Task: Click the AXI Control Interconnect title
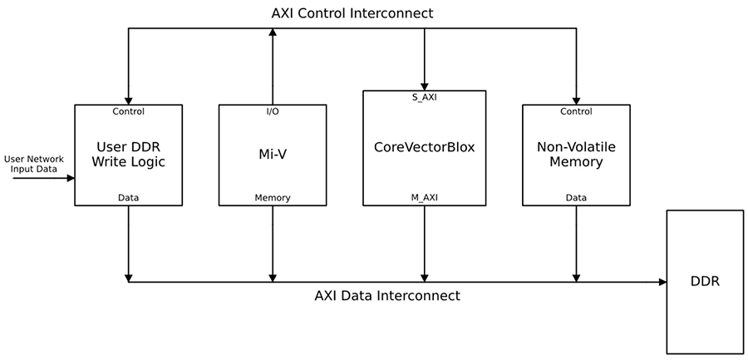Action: pyautogui.click(x=352, y=13)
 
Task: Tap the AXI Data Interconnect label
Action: pyautogui.click(x=386, y=295)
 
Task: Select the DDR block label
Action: pyautogui.click(x=704, y=281)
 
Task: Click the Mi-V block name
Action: pyautogui.click(x=272, y=154)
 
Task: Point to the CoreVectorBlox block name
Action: pyautogui.click(x=424, y=147)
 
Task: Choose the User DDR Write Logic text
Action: pyautogui.click(x=128, y=154)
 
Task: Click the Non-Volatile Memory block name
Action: pyautogui.click(x=575, y=154)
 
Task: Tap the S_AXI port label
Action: pyautogui.click(x=424, y=97)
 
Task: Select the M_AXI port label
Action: pyautogui.click(x=424, y=197)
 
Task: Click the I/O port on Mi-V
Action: pyautogui.click(x=272, y=111)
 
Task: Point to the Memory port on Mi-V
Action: pyautogui.click(x=272, y=198)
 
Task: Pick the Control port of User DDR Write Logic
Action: pyautogui.click(x=128, y=111)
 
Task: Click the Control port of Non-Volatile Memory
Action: pyautogui.click(x=575, y=111)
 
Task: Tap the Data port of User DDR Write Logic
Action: pyautogui.click(x=128, y=198)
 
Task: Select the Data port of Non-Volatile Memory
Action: pyautogui.click(x=575, y=198)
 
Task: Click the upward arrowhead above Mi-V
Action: pyautogui.click(x=272, y=33)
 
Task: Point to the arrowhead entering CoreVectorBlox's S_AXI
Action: pyautogui.click(x=424, y=86)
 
